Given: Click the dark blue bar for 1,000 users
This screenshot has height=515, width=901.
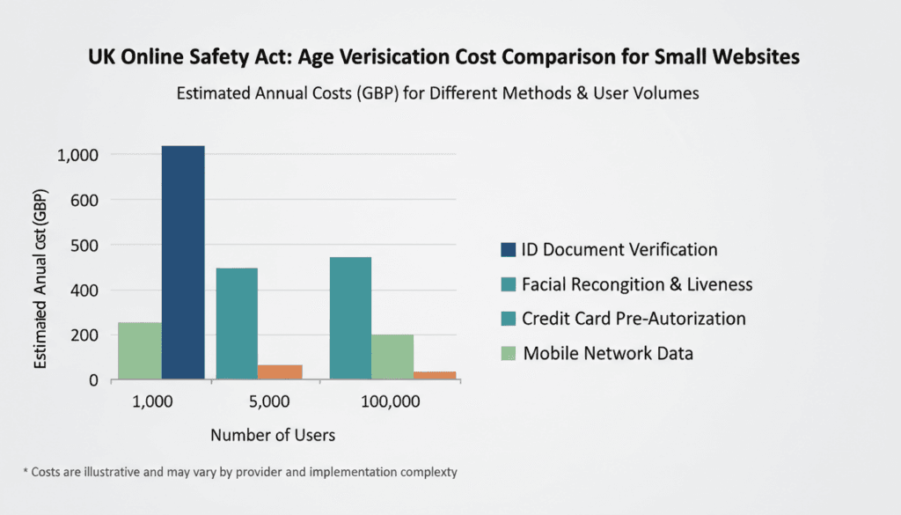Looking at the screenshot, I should [183, 262].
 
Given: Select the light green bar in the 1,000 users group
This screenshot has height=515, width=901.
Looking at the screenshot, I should [140, 351].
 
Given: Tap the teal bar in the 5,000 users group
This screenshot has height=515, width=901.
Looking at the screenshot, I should [237, 324].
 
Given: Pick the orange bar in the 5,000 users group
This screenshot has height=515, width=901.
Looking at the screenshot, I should [280, 372].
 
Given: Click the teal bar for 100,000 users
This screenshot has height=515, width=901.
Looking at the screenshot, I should [349, 318].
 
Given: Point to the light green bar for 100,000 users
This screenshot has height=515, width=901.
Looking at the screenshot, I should [392, 357].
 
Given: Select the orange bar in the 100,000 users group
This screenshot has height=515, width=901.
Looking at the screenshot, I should [435, 376].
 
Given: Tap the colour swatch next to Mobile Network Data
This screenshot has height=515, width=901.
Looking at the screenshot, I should [509, 353].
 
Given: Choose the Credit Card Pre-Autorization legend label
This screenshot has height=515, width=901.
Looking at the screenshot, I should [634, 318].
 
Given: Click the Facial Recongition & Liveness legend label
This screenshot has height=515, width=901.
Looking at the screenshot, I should [637, 284].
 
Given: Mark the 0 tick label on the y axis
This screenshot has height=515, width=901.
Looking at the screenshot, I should [91, 380].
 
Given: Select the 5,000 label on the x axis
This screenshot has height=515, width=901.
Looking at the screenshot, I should [258, 402].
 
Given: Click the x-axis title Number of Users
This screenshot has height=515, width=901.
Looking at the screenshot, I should [273, 435].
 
